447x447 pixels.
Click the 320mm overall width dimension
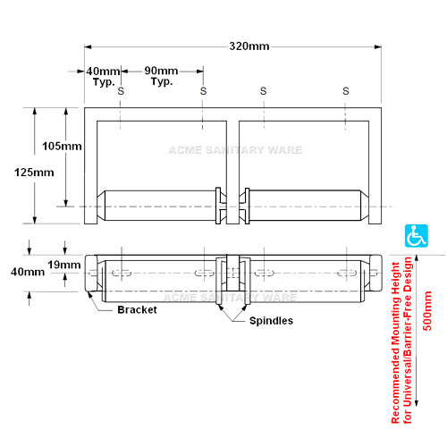[x=249, y=46]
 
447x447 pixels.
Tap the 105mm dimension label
[x=62, y=147]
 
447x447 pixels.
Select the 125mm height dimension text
[x=34, y=173]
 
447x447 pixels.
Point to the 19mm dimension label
[x=64, y=265]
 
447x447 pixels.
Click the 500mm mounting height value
[x=427, y=311]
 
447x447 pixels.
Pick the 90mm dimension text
[x=161, y=71]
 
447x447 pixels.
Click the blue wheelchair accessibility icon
[x=417, y=236]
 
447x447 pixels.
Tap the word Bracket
[x=137, y=310]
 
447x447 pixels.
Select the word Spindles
[x=271, y=321]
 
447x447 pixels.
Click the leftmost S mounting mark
[x=121, y=91]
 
